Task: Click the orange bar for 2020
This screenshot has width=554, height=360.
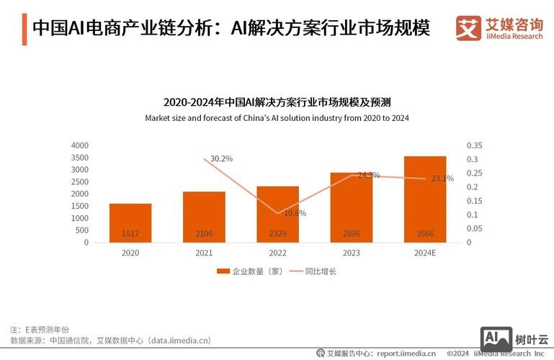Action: (130, 222)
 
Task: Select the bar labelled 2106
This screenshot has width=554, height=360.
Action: (204, 217)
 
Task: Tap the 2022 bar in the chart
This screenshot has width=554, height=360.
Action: (277, 214)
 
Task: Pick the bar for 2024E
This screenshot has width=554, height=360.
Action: (424, 199)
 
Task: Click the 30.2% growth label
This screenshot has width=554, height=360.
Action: (222, 158)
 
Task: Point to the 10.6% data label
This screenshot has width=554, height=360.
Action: (295, 212)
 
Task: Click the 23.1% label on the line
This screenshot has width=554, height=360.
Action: (442, 179)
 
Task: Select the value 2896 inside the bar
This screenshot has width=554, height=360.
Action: (351, 233)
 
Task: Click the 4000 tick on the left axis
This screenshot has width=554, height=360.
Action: (80, 145)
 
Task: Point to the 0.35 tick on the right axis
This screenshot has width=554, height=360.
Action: (475, 145)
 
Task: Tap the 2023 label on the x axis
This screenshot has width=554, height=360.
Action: (351, 253)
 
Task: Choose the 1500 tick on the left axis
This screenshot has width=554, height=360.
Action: (80, 206)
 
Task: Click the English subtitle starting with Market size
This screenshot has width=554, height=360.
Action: (277, 117)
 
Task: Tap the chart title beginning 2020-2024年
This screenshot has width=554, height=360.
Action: (277, 102)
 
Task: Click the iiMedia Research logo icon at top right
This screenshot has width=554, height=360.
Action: (468, 28)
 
